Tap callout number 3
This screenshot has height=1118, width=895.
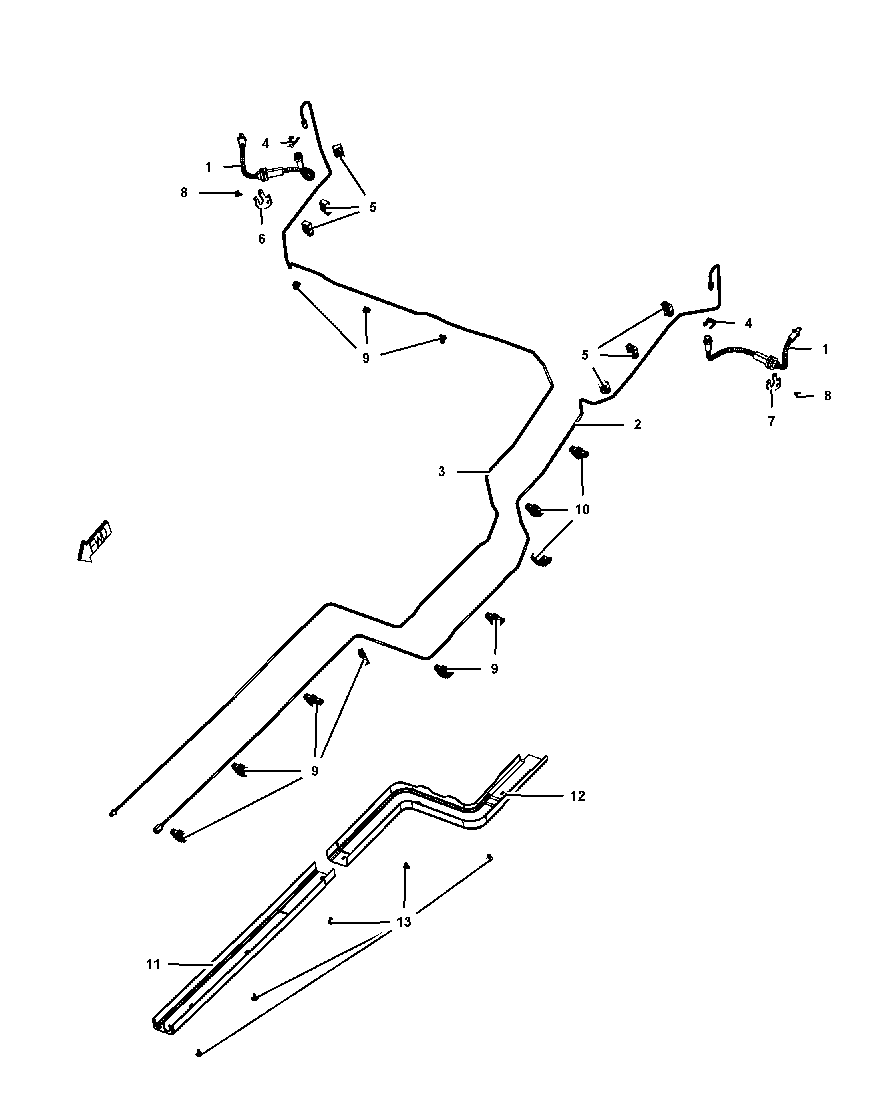441,472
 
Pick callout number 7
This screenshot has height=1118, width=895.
771,422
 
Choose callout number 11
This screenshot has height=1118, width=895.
153,965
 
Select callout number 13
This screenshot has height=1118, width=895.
404,922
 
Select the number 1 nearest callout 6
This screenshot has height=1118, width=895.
208,167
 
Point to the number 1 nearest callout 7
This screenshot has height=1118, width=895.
825,349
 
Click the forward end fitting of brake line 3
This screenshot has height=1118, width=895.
113,813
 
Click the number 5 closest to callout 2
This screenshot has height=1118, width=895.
585,355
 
